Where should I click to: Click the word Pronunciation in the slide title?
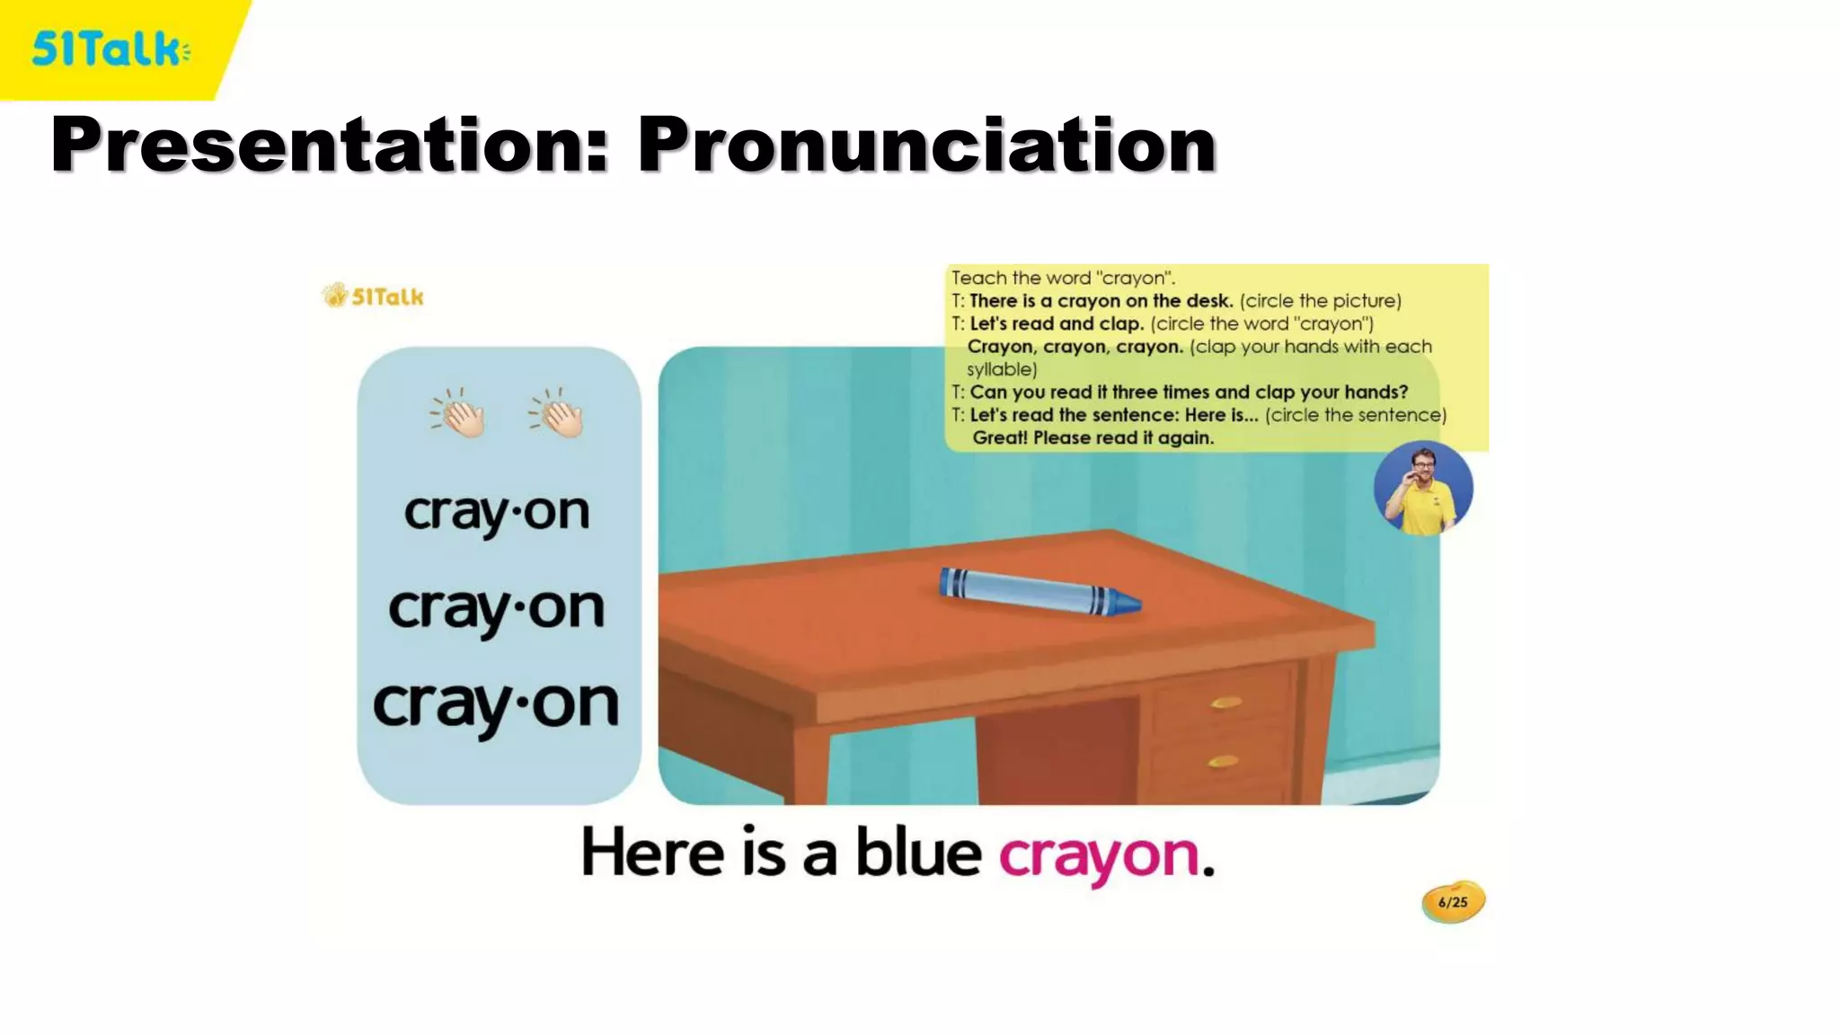point(926,145)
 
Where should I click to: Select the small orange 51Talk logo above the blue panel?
point(373,296)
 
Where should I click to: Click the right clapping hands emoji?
point(558,413)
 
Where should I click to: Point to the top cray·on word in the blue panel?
point(497,513)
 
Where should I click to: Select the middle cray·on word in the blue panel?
point(497,610)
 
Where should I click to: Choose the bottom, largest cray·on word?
point(496,705)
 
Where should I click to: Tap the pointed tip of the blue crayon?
point(1132,603)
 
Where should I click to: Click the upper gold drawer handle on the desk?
point(1225,702)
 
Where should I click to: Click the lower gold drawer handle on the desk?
point(1224,762)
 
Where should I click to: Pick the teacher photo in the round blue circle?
point(1423,489)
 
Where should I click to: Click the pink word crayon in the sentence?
point(1099,854)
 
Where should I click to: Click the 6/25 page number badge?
point(1453,902)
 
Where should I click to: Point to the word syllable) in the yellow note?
point(1002,369)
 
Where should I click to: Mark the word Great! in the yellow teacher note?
point(999,438)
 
